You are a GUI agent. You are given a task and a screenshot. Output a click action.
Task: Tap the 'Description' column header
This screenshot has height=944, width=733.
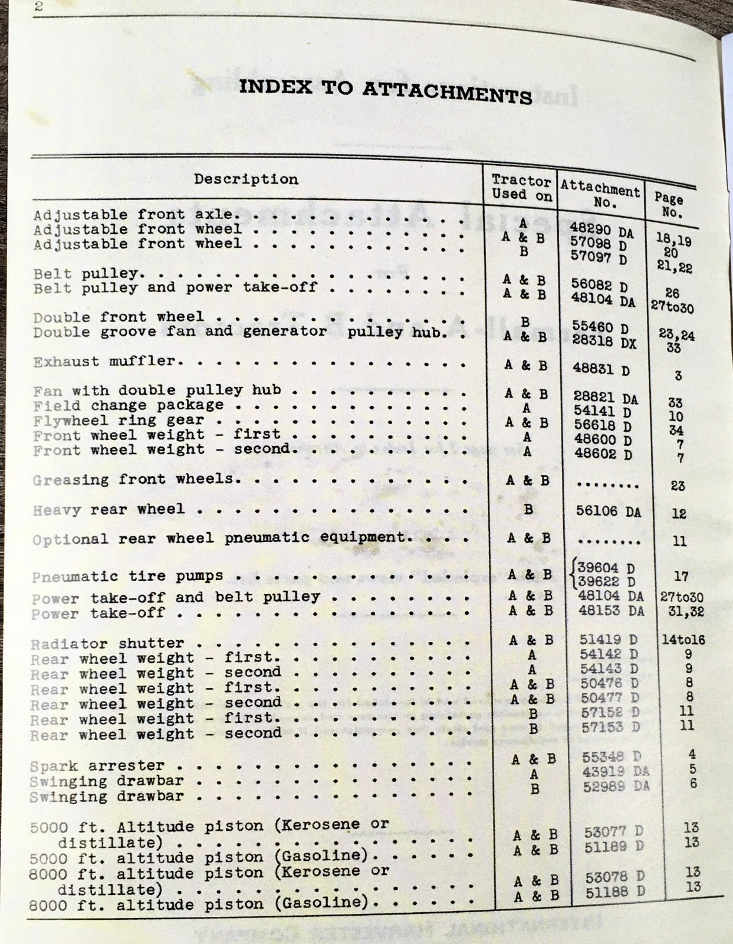tap(246, 179)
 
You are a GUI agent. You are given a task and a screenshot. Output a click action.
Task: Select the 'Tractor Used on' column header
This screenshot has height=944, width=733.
tap(521, 188)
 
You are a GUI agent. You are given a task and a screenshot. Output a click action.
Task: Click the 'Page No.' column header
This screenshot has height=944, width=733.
tap(669, 205)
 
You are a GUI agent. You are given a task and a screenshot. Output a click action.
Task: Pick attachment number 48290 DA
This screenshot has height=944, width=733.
tap(602, 231)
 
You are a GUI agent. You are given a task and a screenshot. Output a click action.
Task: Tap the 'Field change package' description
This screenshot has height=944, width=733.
tap(129, 405)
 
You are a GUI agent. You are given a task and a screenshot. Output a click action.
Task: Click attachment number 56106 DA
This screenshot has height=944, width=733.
tap(608, 511)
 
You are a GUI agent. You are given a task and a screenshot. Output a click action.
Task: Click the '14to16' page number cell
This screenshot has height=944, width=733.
tap(683, 640)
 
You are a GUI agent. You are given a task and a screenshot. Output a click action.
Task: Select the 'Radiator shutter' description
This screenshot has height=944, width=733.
tap(107, 643)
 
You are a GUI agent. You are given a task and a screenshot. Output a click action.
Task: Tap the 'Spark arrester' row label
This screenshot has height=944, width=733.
tap(97, 766)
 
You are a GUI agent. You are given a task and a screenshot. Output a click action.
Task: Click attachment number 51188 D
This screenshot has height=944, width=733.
tap(615, 892)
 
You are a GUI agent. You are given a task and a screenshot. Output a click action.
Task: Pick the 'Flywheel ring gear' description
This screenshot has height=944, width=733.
tap(119, 421)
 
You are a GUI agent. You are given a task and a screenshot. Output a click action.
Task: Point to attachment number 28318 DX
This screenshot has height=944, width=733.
tap(604, 342)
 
